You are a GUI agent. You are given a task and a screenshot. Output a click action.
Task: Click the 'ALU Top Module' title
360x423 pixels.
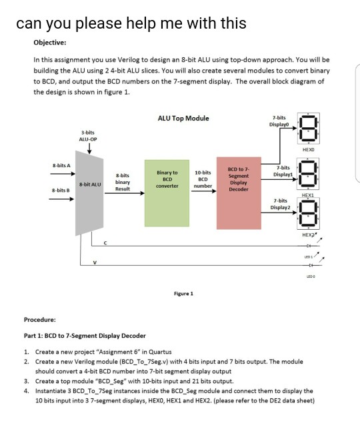(183, 119)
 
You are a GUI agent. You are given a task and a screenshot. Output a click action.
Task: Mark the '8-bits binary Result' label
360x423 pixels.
(123, 181)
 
